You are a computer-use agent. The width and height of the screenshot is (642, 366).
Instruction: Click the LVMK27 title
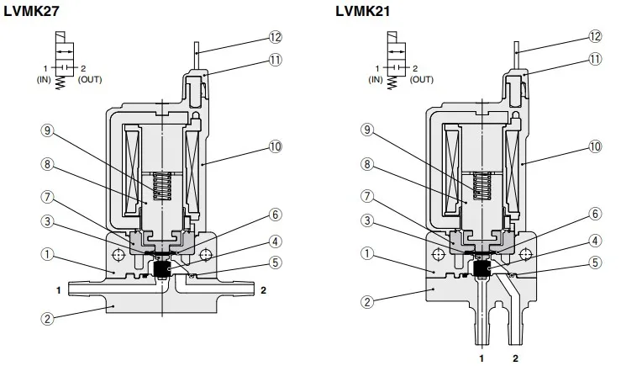[32, 11]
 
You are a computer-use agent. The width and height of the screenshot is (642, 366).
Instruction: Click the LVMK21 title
[363, 11]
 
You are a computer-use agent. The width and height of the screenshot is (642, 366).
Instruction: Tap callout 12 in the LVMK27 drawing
[276, 37]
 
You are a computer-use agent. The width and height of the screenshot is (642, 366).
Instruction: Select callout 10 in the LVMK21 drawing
[595, 146]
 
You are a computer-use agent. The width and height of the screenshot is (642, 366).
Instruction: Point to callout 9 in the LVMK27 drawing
[48, 130]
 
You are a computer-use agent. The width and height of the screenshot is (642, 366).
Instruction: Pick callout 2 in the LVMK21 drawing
[367, 302]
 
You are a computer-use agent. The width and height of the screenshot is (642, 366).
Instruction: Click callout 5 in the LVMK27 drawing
[276, 263]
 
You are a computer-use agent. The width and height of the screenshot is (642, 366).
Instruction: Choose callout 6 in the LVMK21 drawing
[595, 214]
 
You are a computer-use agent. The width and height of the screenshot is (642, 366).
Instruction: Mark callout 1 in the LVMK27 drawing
[48, 255]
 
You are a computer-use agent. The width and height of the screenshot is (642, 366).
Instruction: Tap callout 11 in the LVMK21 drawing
[595, 59]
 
